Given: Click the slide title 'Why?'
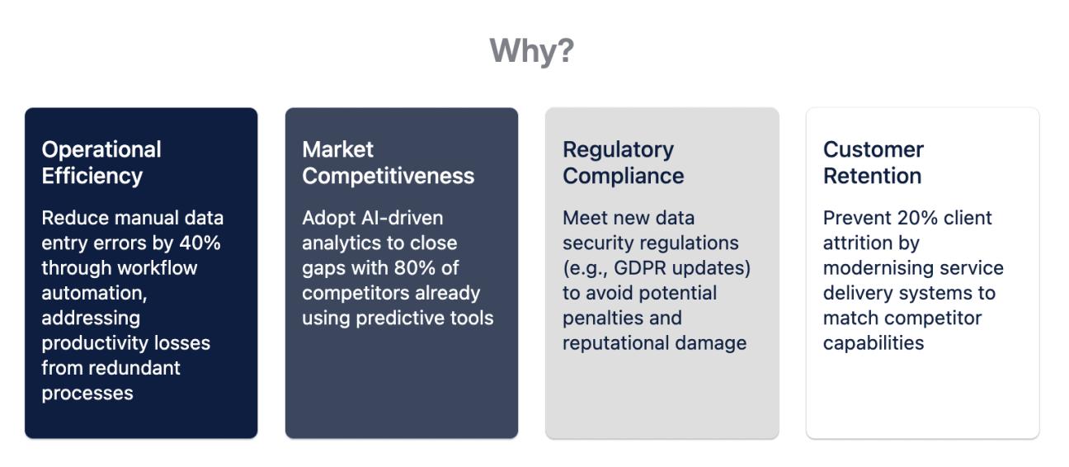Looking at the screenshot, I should (x=531, y=51).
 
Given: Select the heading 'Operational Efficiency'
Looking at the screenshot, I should (x=101, y=163).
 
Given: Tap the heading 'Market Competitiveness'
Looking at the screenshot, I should (x=388, y=163).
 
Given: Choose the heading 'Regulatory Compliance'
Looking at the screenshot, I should (x=623, y=163).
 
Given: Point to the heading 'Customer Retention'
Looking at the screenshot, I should (x=873, y=163).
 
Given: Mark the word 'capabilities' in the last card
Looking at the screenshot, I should (x=874, y=343).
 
